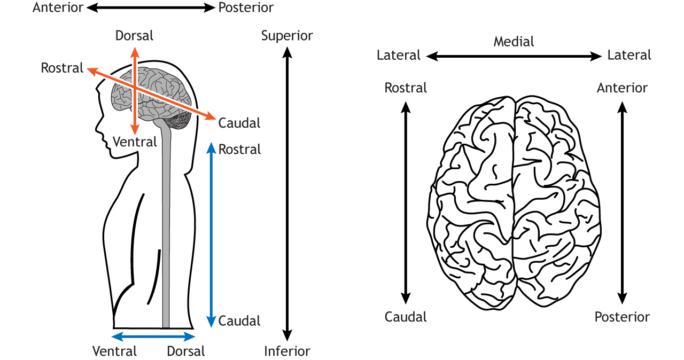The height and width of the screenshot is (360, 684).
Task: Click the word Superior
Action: tap(287, 36)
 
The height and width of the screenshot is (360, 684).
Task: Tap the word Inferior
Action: tap(287, 351)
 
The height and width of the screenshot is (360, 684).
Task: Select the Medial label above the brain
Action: tap(514, 41)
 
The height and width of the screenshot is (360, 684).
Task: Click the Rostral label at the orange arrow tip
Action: tap(63, 68)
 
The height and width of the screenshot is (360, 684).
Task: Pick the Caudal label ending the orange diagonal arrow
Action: tap(239, 123)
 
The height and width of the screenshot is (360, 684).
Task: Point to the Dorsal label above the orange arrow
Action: tap(135, 36)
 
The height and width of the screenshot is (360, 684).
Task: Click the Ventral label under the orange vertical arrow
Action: tap(135, 142)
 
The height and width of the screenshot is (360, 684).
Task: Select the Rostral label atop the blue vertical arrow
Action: tap(240, 150)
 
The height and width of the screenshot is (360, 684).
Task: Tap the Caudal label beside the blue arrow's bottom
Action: tap(239, 321)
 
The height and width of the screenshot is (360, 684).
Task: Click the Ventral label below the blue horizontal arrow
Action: tap(115, 351)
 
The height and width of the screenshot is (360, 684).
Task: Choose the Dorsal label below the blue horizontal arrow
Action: tap(186, 351)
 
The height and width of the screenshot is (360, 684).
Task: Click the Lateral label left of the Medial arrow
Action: tap(399, 56)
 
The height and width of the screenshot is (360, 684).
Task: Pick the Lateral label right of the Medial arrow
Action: tap(629, 56)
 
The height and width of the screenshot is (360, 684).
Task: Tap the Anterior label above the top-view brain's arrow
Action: tap(622, 88)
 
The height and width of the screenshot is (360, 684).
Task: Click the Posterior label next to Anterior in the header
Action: tap(246, 7)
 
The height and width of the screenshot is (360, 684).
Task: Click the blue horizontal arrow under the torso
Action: tap(153, 336)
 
